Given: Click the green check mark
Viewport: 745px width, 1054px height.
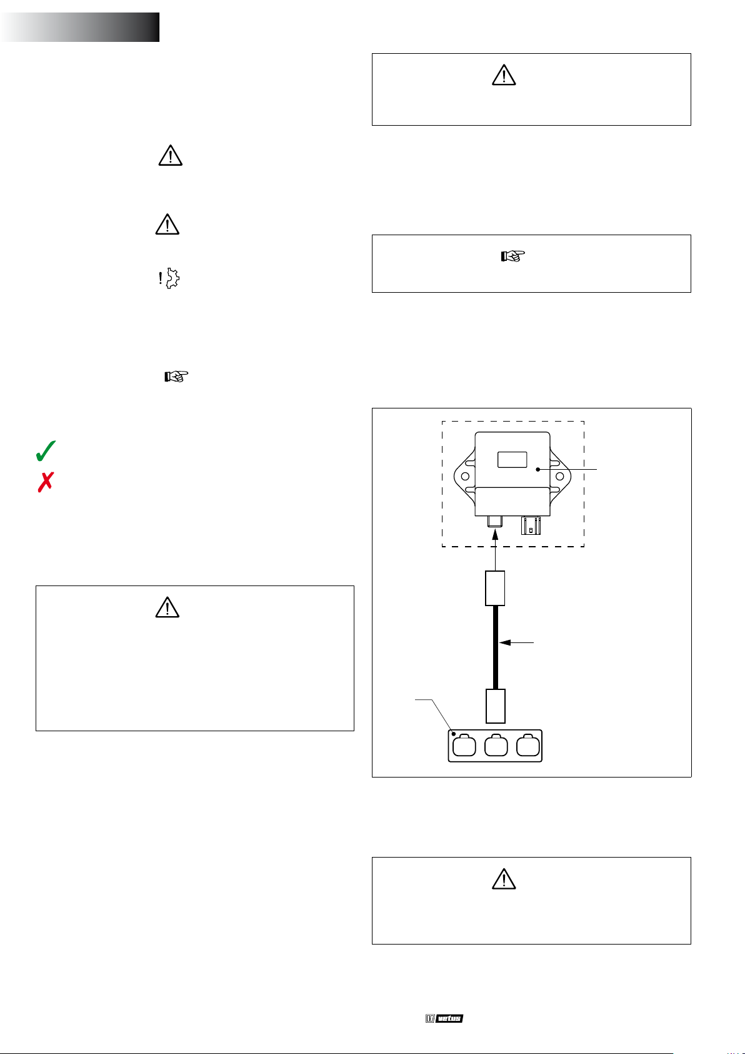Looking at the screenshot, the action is click(45, 451).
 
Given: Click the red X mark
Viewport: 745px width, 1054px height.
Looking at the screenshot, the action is click(46, 482).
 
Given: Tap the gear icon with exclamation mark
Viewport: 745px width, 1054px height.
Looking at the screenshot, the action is click(169, 278).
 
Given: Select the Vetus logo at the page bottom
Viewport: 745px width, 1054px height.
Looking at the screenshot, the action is click(444, 1018).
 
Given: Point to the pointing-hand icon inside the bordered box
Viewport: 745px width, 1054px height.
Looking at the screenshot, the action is click(512, 256).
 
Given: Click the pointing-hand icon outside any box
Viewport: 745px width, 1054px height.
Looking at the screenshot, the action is click(176, 377).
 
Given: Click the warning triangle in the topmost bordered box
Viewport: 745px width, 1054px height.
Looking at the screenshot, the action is click(504, 75).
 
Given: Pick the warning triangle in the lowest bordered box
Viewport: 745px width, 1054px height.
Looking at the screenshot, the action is click(504, 879).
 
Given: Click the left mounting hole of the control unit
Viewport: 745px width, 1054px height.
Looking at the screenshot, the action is click(466, 476).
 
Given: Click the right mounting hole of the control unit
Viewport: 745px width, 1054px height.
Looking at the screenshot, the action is click(560, 476).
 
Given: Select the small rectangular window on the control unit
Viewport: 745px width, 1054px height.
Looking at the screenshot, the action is click(512, 460).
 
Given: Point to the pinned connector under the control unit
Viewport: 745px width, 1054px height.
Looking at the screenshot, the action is click(531, 525).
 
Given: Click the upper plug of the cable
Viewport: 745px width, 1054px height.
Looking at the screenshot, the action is click(495, 588).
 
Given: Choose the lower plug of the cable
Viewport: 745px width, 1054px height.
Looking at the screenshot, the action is click(496, 706).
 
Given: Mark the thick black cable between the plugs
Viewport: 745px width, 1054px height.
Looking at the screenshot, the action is click(496, 647).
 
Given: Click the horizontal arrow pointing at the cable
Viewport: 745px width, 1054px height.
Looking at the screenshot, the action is click(516, 642).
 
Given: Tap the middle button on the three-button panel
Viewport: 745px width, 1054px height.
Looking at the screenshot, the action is click(496, 745).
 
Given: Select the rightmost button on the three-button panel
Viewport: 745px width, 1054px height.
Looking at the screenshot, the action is click(528, 745).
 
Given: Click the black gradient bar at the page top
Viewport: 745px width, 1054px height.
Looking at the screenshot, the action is click(80, 28).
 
